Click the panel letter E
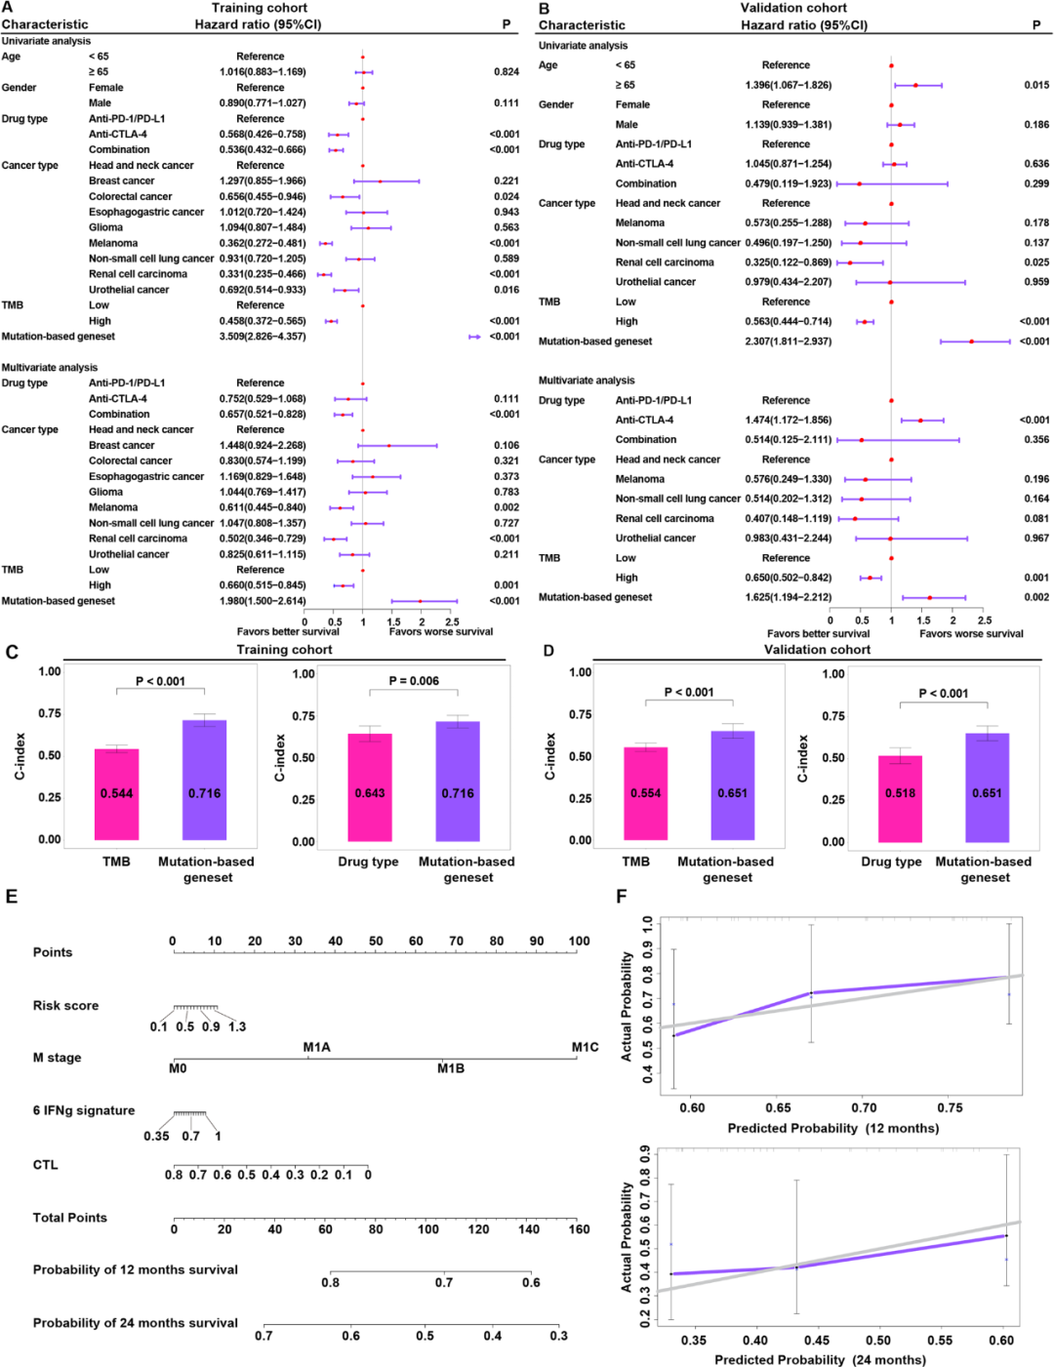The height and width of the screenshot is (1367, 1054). coord(12,896)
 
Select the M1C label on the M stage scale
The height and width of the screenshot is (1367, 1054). coord(585,1047)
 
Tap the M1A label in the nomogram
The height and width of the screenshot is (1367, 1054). coord(316,1047)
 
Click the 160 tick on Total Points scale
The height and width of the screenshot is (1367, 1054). coord(580,1229)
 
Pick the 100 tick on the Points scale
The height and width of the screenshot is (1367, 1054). coord(579,942)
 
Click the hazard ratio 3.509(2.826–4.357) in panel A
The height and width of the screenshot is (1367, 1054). coord(262,337)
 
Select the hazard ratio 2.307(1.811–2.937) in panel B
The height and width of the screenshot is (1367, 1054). coord(789,342)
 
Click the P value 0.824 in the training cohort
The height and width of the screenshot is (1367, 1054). coord(506,72)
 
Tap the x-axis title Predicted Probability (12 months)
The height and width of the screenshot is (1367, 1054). coord(832,1128)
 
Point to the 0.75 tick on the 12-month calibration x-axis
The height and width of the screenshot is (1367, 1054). coord(950,1107)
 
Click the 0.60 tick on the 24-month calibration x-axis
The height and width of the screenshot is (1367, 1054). coord(1001,1341)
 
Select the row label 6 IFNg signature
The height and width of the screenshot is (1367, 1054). coord(84,1110)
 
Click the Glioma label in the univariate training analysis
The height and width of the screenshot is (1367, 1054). coord(105,227)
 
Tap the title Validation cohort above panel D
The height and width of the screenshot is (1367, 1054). coord(817,650)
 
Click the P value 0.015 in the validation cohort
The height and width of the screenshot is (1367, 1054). coord(1036,85)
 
